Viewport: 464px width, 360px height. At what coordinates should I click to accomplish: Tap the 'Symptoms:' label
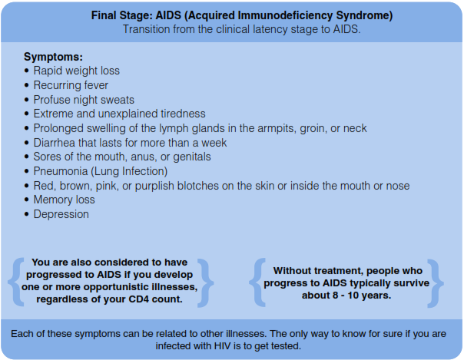(x=53, y=57)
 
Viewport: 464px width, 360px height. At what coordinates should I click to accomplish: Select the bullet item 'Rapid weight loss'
(x=76, y=71)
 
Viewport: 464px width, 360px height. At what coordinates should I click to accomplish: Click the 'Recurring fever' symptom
(x=71, y=85)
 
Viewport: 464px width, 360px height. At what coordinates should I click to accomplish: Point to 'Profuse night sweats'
(x=84, y=100)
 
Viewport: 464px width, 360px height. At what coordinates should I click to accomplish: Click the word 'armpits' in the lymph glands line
(x=261, y=128)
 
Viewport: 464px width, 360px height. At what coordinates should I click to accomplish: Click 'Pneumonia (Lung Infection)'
(x=100, y=171)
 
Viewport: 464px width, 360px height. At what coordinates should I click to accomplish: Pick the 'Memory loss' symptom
(x=65, y=200)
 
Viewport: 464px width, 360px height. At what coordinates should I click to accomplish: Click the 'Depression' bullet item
(x=61, y=214)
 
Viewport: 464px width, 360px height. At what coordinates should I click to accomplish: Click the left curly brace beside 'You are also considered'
(x=16, y=280)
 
